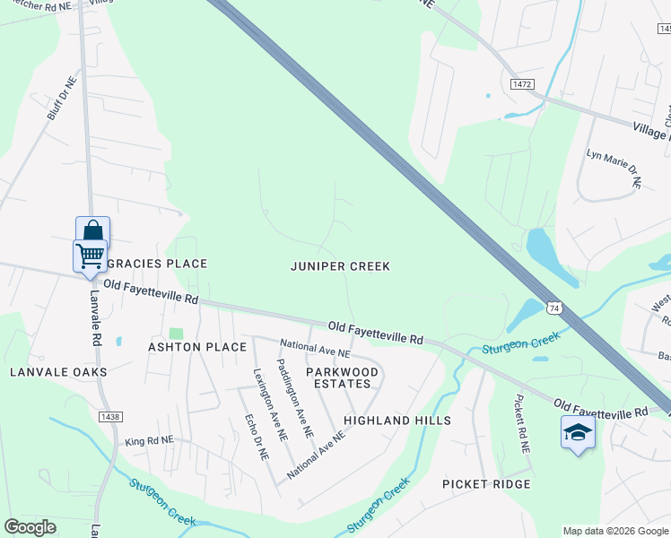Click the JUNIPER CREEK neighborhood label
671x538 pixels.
(x=340, y=266)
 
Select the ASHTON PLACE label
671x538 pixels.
(x=197, y=347)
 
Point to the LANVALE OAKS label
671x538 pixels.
(x=58, y=371)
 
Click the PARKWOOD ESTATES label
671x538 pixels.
(x=342, y=377)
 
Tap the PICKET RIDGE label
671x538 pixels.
(x=486, y=484)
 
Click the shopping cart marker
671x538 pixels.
(x=90, y=255)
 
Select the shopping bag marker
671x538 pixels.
(x=92, y=230)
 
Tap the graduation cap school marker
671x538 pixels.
(x=578, y=433)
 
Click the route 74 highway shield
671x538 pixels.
(x=554, y=307)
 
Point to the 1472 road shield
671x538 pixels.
(x=523, y=84)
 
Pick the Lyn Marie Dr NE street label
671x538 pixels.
(x=614, y=169)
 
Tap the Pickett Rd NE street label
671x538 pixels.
(x=522, y=423)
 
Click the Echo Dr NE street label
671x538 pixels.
(x=257, y=437)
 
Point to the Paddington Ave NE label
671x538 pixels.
(x=294, y=398)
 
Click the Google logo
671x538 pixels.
(x=30, y=527)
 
